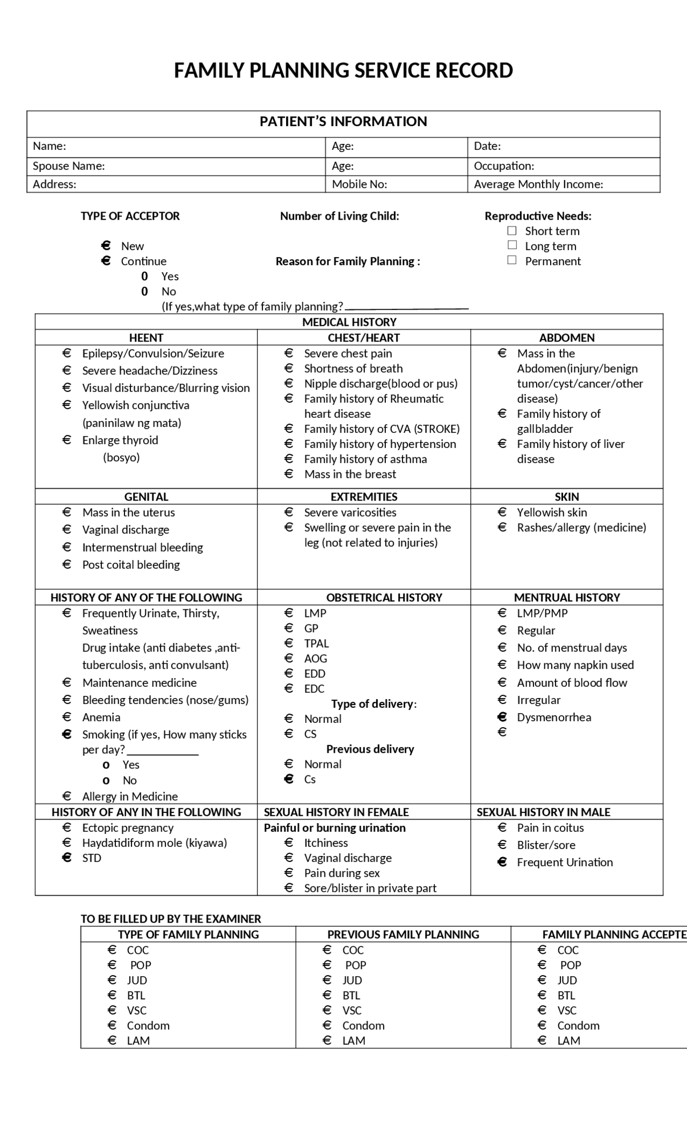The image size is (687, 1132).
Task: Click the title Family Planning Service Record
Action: point(343,70)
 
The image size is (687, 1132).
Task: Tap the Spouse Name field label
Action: point(69,166)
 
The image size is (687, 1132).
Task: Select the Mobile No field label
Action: point(359,184)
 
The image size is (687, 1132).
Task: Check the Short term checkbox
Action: point(512,231)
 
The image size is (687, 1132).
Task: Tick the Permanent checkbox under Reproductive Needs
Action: point(512,260)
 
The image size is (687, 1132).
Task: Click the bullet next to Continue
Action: point(106,261)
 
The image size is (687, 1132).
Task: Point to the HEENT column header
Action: point(146,338)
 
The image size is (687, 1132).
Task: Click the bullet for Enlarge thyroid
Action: point(67,440)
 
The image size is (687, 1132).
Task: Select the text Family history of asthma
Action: point(366,459)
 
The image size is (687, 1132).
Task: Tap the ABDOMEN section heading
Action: point(567,338)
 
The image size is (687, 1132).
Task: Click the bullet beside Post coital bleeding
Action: point(67,564)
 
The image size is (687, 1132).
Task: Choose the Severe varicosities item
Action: point(350,512)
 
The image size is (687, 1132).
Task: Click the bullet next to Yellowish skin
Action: point(502,512)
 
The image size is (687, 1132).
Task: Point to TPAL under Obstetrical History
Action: point(316,643)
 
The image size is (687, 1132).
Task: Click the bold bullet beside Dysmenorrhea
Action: point(502,717)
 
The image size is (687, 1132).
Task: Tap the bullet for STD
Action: point(67,858)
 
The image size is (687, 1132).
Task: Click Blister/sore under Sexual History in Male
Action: point(546,845)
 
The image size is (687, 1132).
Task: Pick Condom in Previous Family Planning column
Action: point(363,1025)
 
